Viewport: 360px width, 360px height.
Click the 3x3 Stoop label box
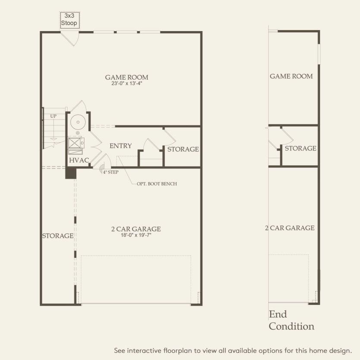[69, 19]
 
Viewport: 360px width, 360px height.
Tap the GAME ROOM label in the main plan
[127, 78]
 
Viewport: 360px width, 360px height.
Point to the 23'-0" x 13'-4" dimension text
[127, 84]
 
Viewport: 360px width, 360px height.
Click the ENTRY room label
[120, 146]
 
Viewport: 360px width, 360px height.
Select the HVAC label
[79, 160]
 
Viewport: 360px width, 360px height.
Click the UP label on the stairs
[53, 116]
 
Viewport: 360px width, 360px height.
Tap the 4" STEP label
[110, 172]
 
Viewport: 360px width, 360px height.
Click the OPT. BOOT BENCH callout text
[154, 184]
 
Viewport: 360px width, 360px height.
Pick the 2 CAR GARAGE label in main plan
[136, 229]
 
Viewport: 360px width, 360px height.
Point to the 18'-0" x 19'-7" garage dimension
[136, 235]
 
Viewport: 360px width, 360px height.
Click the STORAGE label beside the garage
[57, 236]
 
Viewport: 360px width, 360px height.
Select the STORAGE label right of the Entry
[183, 149]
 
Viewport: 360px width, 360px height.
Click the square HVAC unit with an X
[75, 142]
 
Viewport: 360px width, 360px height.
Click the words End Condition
[291, 320]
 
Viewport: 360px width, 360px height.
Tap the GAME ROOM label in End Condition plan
[291, 76]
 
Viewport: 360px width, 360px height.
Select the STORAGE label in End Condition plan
[300, 148]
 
